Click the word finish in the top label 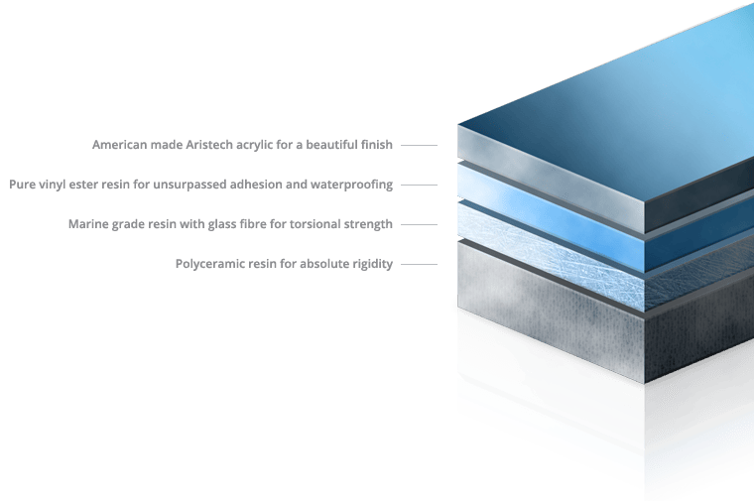[x=378, y=145]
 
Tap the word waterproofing [x=352, y=185]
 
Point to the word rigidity [x=373, y=264]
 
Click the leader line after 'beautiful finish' [x=419, y=145]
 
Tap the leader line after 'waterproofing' [x=419, y=185]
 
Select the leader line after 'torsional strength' [x=419, y=224]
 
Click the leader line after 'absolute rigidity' [x=419, y=264]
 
